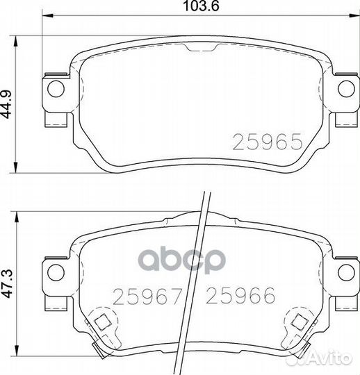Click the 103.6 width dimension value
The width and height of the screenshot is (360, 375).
click(201, 6)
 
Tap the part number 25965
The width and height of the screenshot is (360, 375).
click(268, 142)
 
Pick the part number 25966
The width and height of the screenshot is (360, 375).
click(240, 296)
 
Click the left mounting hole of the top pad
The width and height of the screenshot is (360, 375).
click(56, 88)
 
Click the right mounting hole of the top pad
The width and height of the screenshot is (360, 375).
click(346, 88)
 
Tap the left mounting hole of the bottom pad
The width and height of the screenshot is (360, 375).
click(56, 272)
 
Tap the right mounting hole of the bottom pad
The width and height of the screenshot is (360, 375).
click(346, 272)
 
